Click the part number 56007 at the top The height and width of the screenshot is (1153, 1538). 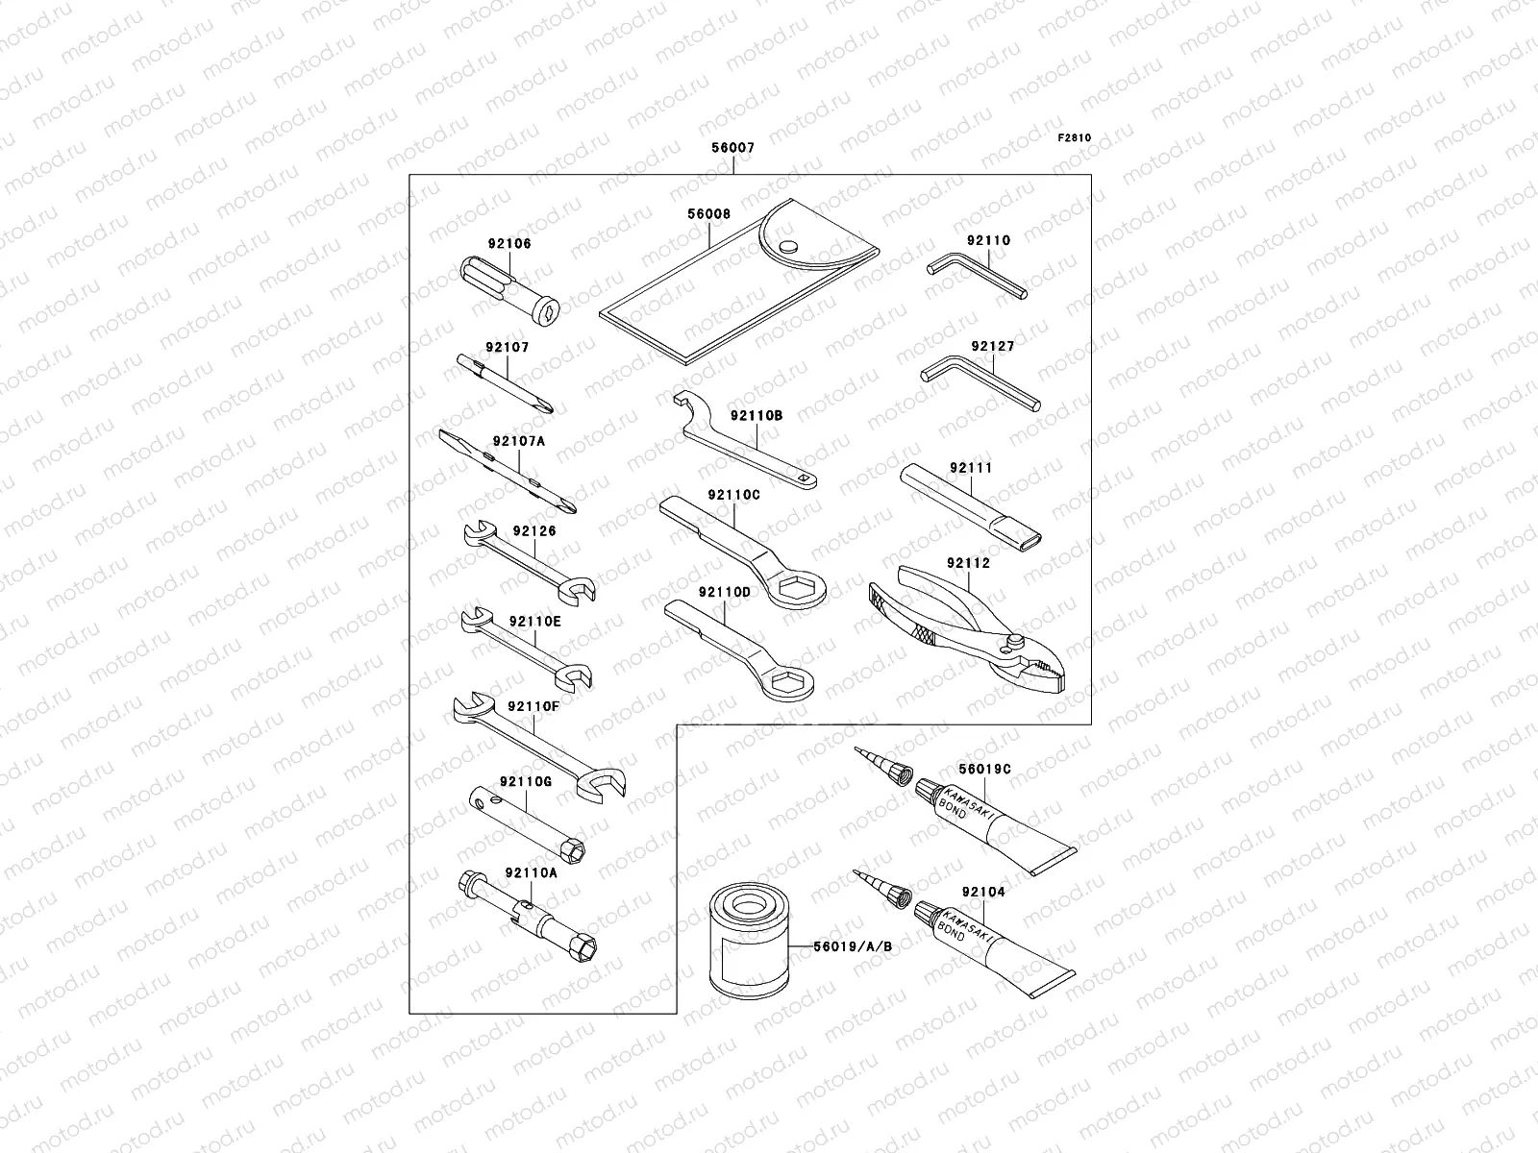tap(732, 149)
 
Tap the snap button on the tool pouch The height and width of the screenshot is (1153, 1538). tap(788, 247)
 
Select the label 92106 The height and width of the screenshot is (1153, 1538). tap(509, 244)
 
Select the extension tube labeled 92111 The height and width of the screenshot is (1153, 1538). tap(972, 506)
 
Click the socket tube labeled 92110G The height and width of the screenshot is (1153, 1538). tap(529, 820)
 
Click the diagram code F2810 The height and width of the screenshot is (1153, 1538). tap(1075, 137)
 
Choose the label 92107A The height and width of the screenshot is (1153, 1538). tap(519, 442)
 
